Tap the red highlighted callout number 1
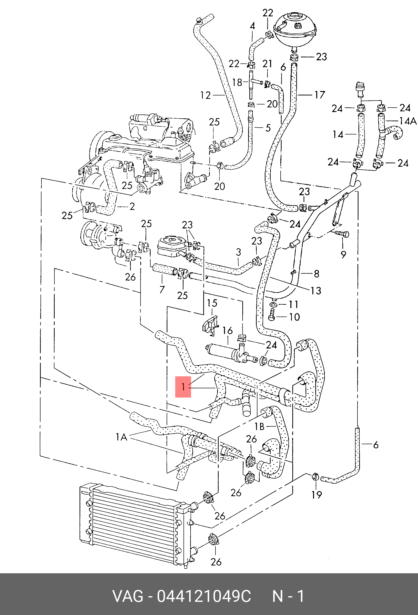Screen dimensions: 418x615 pos(183,387)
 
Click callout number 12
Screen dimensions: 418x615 pos(205,95)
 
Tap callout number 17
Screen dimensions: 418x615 pos(319,95)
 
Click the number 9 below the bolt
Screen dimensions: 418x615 pos(343,255)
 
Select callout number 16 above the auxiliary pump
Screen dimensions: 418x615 pos(227,331)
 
